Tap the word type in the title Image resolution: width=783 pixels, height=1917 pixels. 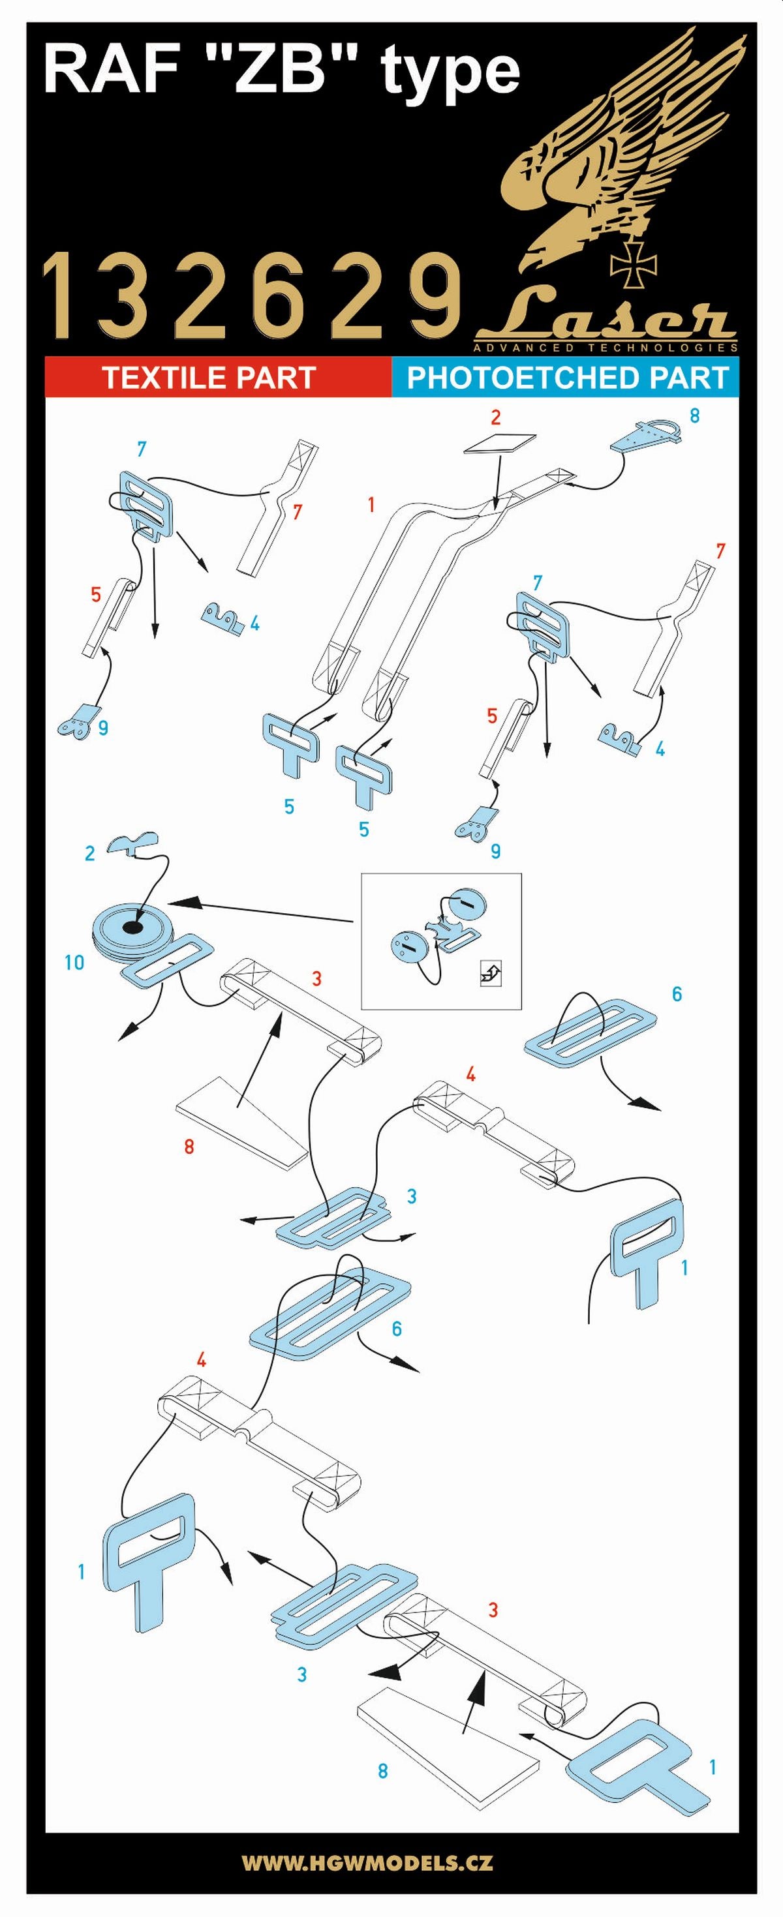click(x=450, y=74)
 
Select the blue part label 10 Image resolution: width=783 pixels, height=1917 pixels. click(x=74, y=962)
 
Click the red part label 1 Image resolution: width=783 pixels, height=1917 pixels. click(x=371, y=505)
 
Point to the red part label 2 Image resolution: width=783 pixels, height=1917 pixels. click(x=496, y=417)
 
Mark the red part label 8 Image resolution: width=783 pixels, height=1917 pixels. click(x=189, y=1147)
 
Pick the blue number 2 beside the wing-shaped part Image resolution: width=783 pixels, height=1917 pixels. click(x=90, y=853)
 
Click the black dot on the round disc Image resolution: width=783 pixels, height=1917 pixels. click(x=132, y=926)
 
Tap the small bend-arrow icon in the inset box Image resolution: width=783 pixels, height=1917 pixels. click(x=491, y=973)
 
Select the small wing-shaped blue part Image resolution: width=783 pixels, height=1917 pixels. click(x=132, y=843)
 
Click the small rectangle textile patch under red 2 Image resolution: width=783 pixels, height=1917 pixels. click(x=499, y=443)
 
